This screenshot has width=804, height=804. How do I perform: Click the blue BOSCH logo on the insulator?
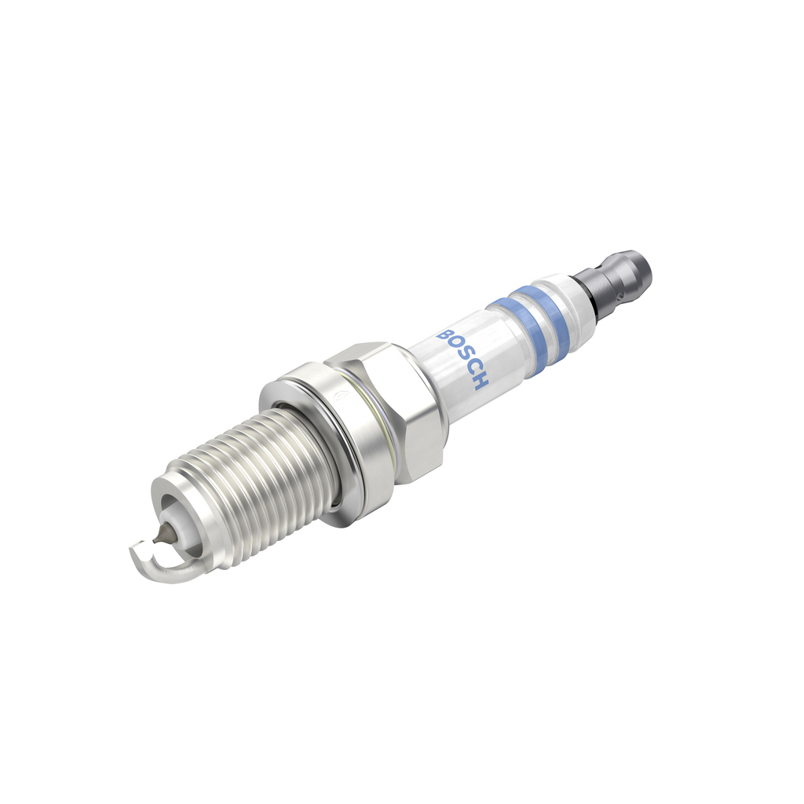(x=464, y=358)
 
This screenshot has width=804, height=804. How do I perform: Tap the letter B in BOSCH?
(x=445, y=334)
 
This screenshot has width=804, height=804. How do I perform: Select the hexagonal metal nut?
(x=393, y=408)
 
